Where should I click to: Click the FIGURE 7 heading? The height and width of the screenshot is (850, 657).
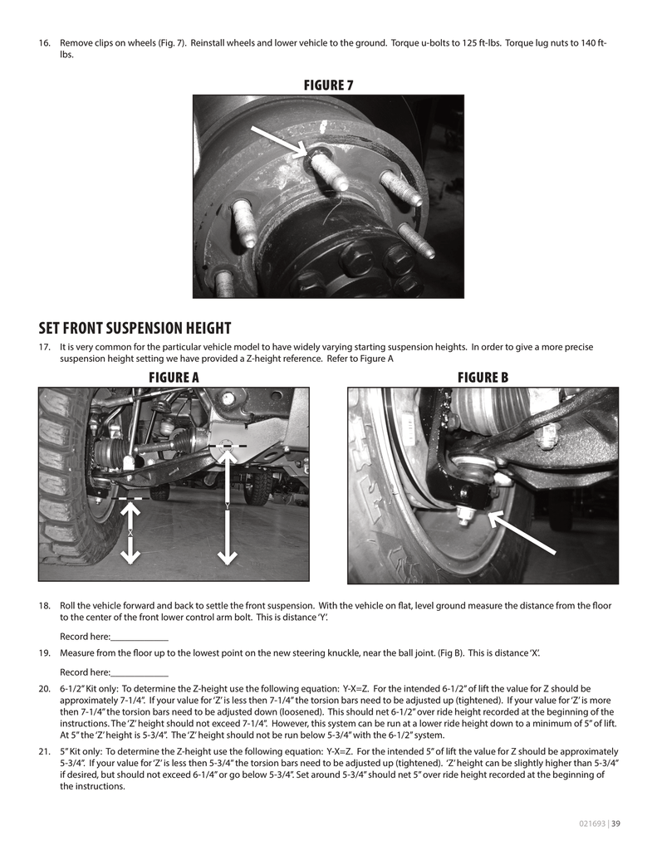(328, 85)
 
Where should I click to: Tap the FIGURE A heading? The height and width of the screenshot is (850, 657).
(174, 378)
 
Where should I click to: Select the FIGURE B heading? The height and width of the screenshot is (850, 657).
(483, 378)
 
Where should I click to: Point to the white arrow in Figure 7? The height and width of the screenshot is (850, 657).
(282, 142)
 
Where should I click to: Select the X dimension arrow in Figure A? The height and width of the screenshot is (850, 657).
(130, 530)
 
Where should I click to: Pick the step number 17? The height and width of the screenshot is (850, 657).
(45, 347)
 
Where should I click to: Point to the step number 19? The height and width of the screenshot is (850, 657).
(45, 653)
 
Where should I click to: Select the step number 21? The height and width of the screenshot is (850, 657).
(45, 751)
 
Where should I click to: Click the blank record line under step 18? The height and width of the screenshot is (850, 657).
(140, 638)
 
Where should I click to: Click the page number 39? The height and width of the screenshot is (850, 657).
(616, 823)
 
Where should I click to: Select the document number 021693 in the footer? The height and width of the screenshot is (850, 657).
(592, 823)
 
